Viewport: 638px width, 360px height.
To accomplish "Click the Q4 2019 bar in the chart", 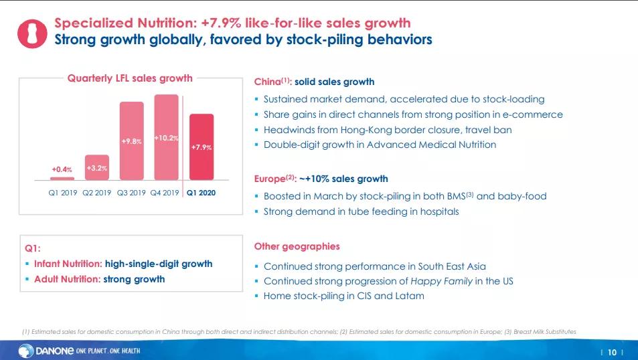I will [166, 137].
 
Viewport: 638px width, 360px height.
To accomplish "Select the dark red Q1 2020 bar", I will [202, 147].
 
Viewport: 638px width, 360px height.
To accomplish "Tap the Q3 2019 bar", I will [131, 141].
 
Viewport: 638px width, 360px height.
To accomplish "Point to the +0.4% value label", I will [62, 170].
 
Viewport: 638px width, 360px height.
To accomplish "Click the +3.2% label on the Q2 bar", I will [97, 168].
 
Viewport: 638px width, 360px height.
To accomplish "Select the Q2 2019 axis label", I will [97, 193].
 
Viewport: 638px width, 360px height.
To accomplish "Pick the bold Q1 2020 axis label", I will [202, 193].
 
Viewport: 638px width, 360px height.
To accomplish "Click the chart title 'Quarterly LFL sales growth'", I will [130, 78].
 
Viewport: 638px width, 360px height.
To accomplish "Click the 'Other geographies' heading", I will [297, 246].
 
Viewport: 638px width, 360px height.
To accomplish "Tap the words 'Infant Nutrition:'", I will [68, 264].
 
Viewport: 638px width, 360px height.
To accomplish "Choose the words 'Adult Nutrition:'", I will [67, 279].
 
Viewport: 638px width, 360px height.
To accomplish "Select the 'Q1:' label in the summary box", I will [33, 248].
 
